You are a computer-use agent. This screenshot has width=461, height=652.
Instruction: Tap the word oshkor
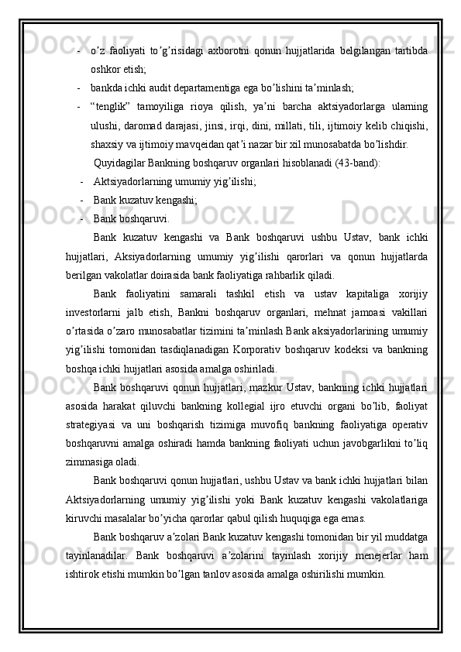[106, 69]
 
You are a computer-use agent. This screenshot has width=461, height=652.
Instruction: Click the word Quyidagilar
[119, 163]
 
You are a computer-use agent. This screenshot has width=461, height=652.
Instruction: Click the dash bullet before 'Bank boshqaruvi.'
[82, 218]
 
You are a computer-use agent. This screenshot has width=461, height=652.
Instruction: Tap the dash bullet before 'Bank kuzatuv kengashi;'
[82, 200]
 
